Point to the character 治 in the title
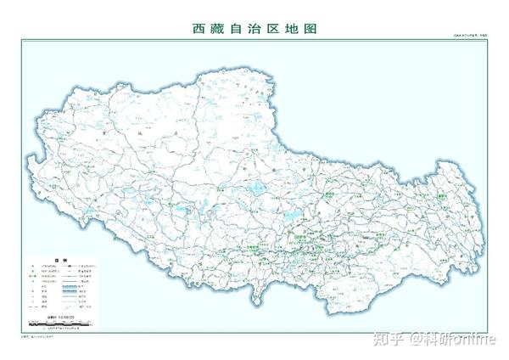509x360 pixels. tap(255, 29)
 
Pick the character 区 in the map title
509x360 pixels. tap(273, 29)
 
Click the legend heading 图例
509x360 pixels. tap(59, 261)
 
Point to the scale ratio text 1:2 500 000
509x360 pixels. tap(65, 316)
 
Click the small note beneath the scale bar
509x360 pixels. tap(61, 328)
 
